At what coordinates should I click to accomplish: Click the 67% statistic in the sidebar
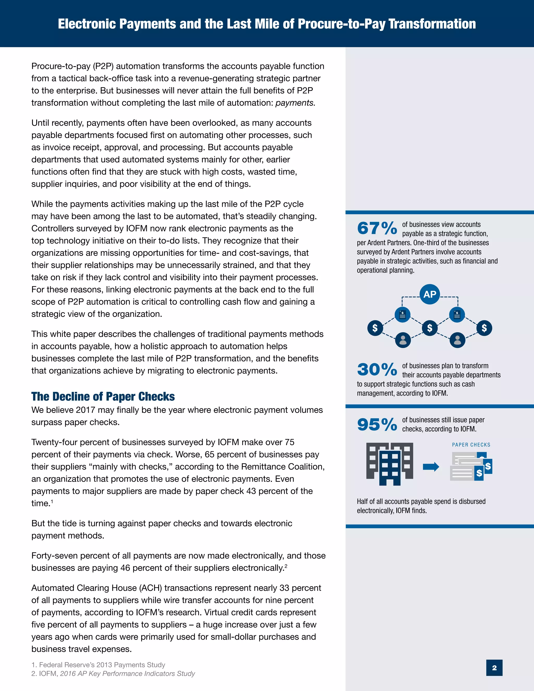click(377, 228)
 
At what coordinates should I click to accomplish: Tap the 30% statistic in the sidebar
click(377, 369)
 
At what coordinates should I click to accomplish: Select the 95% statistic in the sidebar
click(377, 424)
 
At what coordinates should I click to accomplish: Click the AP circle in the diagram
click(430, 294)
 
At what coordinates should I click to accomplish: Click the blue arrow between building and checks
click(431, 467)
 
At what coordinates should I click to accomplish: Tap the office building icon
click(390, 464)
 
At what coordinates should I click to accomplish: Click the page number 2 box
click(494, 668)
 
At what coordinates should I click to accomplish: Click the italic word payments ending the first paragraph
click(295, 103)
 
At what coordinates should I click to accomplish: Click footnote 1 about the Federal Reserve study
click(98, 665)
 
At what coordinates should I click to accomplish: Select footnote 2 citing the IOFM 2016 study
click(113, 674)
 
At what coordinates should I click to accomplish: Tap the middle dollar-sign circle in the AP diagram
click(430, 328)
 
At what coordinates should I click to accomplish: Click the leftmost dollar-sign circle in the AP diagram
click(375, 328)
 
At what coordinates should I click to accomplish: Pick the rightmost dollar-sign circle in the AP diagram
click(484, 328)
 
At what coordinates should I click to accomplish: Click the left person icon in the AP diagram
click(403, 340)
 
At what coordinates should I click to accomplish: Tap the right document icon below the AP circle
click(457, 314)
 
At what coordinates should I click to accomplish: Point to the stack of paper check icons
click(471, 466)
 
